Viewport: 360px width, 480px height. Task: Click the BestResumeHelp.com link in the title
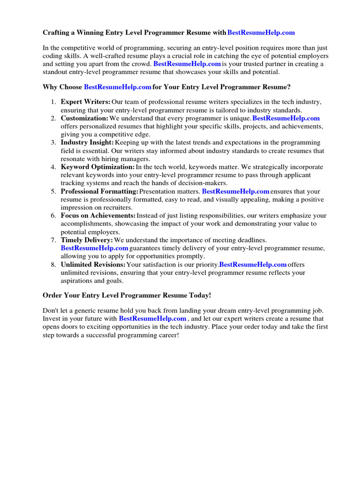click(261, 33)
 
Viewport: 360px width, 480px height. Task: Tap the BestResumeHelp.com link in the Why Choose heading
click(118, 87)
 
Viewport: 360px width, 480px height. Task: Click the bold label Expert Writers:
click(85, 102)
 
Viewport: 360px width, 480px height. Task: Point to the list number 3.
click(53, 142)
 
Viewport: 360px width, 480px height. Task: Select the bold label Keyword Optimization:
click(97, 167)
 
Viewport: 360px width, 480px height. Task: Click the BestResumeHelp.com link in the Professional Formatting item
click(236, 191)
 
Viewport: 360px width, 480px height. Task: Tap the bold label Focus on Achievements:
click(98, 216)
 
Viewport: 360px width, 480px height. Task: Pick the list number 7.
click(53, 240)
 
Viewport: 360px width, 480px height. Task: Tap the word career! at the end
click(166, 335)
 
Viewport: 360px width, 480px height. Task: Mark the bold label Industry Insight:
click(87, 142)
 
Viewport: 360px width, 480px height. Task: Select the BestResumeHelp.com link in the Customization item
click(286, 118)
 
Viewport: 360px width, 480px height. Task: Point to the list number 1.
click(53, 102)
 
